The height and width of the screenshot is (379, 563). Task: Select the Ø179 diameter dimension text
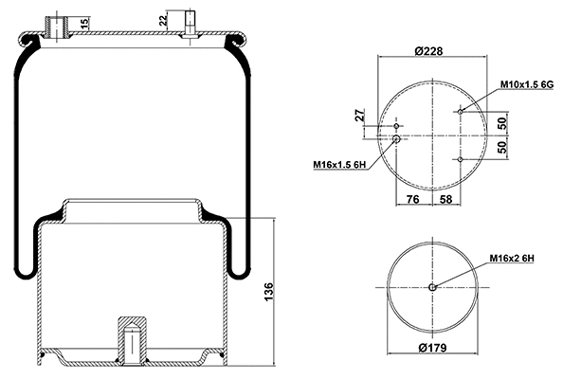(x=432, y=346)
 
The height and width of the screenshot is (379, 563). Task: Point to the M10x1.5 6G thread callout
(x=526, y=84)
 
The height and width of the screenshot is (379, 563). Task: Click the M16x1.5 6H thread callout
(x=339, y=165)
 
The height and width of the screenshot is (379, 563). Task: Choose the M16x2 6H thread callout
(x=513, y=257)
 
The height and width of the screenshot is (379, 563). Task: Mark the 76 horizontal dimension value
(x=413, y=199)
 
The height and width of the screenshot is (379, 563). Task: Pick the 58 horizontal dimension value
(x=446, y=199)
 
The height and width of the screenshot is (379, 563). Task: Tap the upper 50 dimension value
(x=503, y=123)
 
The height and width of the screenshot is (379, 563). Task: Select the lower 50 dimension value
(x=503, y=147)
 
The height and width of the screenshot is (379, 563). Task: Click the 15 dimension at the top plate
(x=85, y=23)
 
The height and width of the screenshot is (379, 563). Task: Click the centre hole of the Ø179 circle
(x=432, y=288)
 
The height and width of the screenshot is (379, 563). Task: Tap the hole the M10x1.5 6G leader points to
(x=460, y=112)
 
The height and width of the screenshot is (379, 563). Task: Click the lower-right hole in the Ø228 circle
(x=460, y=159)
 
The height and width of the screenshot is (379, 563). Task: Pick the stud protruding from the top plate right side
(x=190, y=26)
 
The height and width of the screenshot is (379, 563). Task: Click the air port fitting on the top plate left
(x=64, y=28)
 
